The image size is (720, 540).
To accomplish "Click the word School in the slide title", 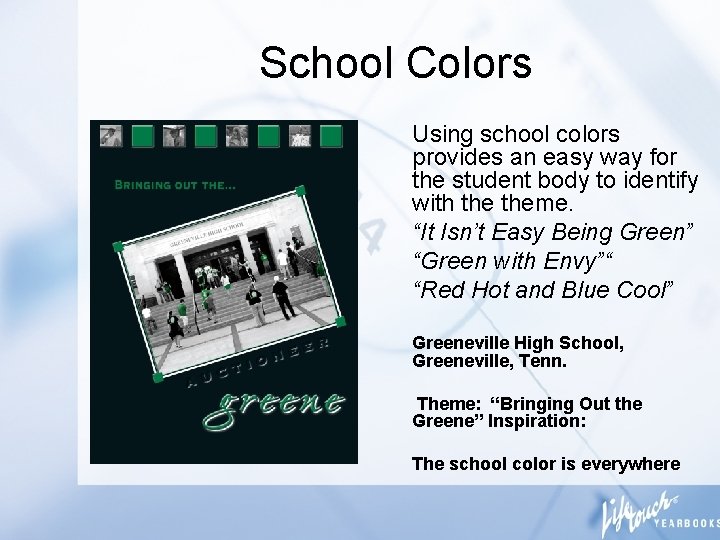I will pyautogui.click(x=326, y=62).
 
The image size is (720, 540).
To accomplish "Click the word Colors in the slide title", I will pyautogui.click(x=469, y=62).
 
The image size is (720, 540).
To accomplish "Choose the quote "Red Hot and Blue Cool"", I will pyautogui.click(x=544, y=289).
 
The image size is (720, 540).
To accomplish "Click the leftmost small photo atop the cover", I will pyautogui.click(x=111, y=135).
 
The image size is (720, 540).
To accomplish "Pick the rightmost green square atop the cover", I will pyautogui.click(x=331, y=135).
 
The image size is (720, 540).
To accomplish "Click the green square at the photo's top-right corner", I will pyautogui.click(x=300, y=191).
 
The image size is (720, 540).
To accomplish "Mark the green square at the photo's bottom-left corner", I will pyautogui.click(x=157, y=377).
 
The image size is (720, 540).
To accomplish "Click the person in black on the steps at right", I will pyautogui.click(x=281, y=297).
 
